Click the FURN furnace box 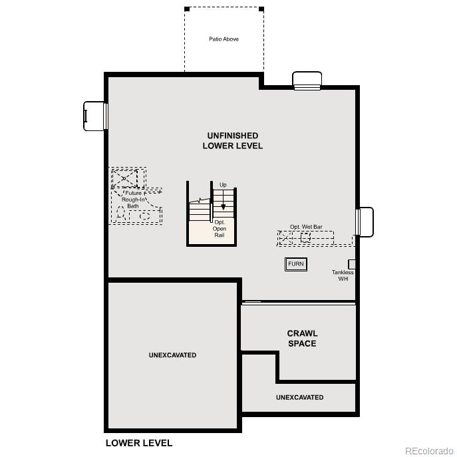pos(296,264)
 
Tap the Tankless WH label pos(343,275)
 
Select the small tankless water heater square pos(352,264)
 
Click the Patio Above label pos(224,39)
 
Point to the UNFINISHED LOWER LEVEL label pos(232,140)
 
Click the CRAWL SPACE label pos(302,339)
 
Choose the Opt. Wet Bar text pos(306,227)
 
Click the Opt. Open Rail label pos(220,228)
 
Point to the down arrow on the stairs pos(224,204)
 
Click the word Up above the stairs pos(224,184)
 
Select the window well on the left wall pos(94,116)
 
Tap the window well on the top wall pos(307,80)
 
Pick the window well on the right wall pos(365,222)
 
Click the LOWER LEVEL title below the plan pos(139,443)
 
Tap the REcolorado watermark pos(429,450)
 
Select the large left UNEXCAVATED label pos(172,355)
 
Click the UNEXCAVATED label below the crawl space pos(299,397)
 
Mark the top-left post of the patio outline pos(187,9)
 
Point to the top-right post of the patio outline pos(261,9)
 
